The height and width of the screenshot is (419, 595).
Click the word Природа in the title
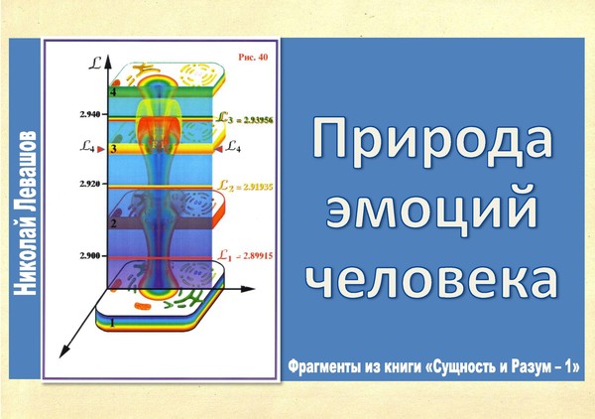tap(432, 142)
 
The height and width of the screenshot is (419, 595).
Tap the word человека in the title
tap(432, 278)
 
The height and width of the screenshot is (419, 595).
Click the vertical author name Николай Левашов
tap(25, 213)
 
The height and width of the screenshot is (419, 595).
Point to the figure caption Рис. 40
tap(253, 57)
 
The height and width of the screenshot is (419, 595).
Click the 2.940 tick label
tap(90, 114)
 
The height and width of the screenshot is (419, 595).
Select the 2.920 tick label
tap(90, 184)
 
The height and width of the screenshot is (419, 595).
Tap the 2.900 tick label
tap(90, 255)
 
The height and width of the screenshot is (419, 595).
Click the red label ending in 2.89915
tap(246, 255)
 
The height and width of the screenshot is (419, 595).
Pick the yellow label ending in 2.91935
tap(245, 186)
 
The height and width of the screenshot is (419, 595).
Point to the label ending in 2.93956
tap(245, 119)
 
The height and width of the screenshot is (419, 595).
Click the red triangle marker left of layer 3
tap(101, 149)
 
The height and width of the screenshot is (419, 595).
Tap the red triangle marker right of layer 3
tap(218, 149)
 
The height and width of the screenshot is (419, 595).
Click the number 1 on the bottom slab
tap(112, 323)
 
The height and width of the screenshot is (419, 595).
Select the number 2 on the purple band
tap(113, 223)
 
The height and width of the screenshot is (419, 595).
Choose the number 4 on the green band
tap(113, 92)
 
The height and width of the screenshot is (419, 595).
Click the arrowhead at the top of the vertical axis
tap(108, 62)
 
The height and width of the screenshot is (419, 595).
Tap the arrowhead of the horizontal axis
tap(248, 289)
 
